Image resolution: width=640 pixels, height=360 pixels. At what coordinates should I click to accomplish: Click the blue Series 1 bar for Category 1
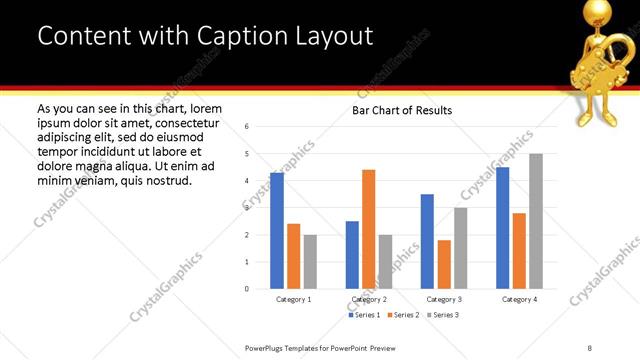277,231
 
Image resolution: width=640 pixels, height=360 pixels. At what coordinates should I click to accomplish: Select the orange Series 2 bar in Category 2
369,229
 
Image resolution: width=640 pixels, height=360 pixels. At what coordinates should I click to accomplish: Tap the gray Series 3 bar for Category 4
536,221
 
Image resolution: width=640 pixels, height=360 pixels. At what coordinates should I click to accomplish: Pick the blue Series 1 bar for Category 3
427,241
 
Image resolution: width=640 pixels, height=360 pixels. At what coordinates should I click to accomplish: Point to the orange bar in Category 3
444,264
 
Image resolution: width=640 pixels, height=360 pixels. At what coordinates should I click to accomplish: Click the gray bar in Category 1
310,262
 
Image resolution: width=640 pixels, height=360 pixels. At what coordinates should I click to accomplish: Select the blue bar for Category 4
503,228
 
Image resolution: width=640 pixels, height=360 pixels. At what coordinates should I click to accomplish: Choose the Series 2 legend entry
402,315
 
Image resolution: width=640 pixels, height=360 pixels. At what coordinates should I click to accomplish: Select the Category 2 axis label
369,299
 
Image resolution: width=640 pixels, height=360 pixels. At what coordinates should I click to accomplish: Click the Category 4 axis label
519,299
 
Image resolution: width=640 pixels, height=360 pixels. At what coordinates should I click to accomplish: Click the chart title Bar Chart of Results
402,110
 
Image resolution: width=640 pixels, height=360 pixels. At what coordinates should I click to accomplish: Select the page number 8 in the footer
590,347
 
